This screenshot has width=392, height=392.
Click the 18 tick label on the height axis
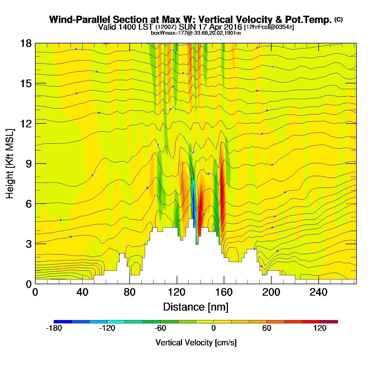click(x=25, y=43)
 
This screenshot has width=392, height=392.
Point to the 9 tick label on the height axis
click(x=29, y=164)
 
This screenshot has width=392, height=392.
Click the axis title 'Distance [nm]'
click(x=196, y=307)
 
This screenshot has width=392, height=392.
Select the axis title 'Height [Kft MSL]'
click(x=10, y=164)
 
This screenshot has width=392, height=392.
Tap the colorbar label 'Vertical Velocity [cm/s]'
click(x=196, y=342)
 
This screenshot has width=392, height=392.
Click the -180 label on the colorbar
click(x=54, y=328)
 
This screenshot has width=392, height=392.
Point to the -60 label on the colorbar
click(x=160, y=328)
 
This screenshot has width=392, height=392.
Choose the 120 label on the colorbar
click(x=320, y=328)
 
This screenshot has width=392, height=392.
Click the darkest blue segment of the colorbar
click(x=63, y=321)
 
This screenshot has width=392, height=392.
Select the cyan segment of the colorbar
click(x=116, y=321)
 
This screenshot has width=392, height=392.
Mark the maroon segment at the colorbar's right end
click(x=329, y=321)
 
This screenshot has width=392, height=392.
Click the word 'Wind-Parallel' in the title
click(x=80, y=20)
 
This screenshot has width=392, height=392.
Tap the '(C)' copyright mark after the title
click(x=339, y=19)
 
